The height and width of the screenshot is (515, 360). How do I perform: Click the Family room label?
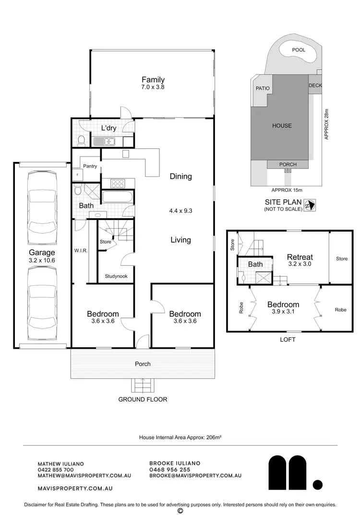153,80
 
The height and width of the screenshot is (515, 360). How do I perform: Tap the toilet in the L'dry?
81,140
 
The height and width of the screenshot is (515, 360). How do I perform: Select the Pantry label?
90,166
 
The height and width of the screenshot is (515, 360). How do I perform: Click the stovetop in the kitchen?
118,183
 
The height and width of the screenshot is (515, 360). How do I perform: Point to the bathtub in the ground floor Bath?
117,197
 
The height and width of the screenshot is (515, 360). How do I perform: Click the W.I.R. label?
80,250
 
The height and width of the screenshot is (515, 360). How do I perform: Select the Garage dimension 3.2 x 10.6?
42,260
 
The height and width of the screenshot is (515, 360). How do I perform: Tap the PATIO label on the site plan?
263,88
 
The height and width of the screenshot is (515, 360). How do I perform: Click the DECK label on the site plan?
315,86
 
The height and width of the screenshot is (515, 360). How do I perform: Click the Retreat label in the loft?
300,257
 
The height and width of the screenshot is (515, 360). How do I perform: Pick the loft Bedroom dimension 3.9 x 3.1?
283,312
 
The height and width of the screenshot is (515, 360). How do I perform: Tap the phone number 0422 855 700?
56,469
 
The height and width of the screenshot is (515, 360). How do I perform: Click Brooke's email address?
195,475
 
